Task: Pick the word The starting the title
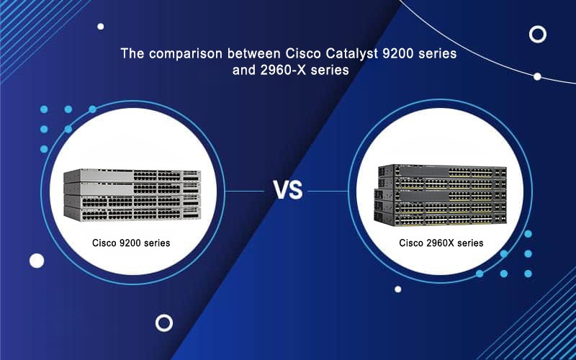click(130, 54)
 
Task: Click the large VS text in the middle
click(288, 192)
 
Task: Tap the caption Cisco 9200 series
click(131, 243)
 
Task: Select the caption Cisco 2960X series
click(441, 243)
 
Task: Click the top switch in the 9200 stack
click(131, 176)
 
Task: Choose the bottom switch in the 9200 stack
click(131, 212)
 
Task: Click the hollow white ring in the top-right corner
click(537, 33)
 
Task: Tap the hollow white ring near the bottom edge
click(164, 322)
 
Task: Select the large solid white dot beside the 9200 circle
click(37, 260)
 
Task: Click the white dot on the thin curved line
click(537, 76)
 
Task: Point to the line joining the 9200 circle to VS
click(245, 192)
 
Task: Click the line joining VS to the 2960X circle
click(328, 192)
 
